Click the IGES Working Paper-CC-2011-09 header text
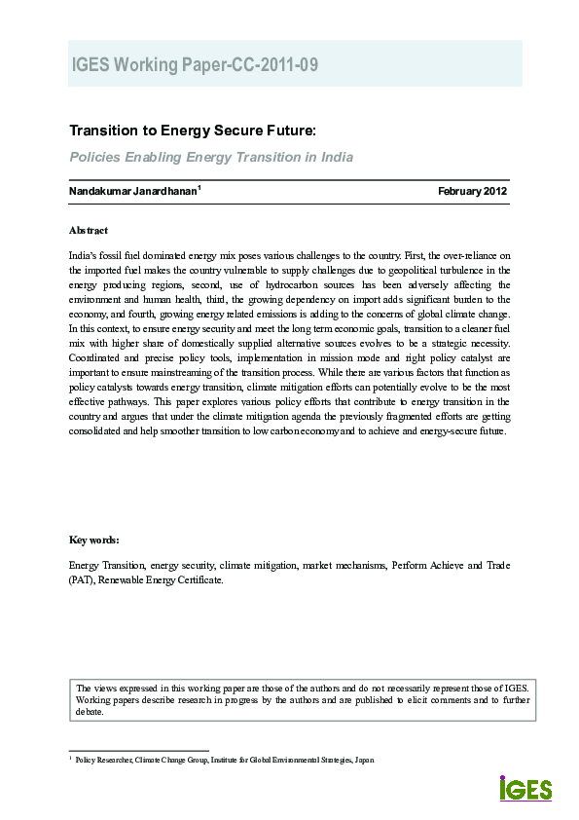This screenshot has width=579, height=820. (x=195, y=65)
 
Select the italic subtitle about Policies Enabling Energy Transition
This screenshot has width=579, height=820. (x=210, y=157)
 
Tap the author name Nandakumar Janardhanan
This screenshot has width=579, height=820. (x=132, y=191)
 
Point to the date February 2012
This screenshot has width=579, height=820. (x=472, y=191)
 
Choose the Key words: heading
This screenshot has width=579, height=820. (x=93, y=540)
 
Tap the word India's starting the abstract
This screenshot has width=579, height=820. (x=84, y=253)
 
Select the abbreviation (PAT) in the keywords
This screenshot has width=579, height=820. (x=82, y=579)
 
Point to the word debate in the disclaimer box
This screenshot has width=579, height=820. (x=90, y=711)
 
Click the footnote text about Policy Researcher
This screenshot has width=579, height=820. (x=224, y=760)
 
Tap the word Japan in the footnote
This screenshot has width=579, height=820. (x=364, y=760)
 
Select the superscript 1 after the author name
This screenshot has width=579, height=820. (x=199, y=187)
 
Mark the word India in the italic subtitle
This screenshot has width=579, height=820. (x=336, y=157)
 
